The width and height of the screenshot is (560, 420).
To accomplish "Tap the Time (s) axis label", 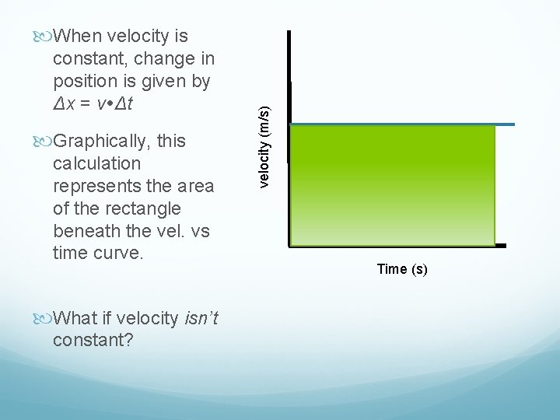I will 401,269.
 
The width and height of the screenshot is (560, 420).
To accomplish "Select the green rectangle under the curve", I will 392,185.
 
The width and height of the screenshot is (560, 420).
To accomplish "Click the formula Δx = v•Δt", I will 104,103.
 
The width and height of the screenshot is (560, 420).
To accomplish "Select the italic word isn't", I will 201,318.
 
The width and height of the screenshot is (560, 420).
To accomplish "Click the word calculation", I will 96,163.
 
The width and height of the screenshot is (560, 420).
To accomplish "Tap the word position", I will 85,81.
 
